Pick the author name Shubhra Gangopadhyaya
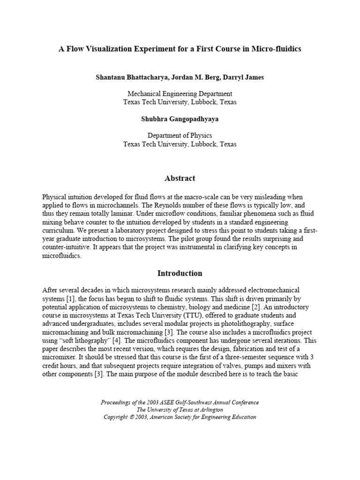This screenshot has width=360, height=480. pyautogui.click(x=180, y=119)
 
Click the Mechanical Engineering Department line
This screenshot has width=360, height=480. pyautogui.click(x=180, y=94)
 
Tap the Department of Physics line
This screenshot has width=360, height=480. pyautogui.click(x=180, y=136)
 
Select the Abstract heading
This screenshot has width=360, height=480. pyautogui.click(x=180, y=178)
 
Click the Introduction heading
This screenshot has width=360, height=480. pyautogui.click(x=180, y=273)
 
